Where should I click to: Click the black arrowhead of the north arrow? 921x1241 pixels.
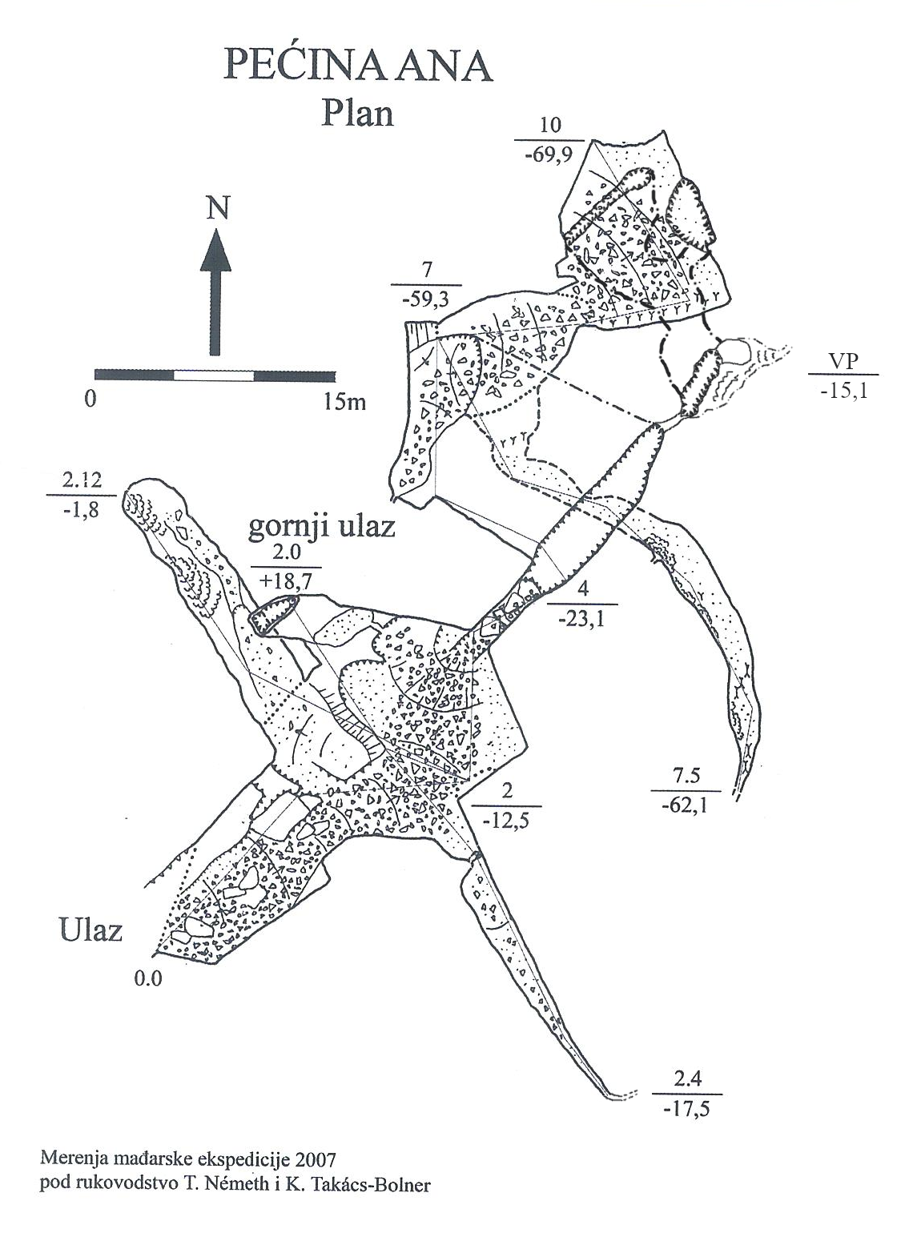pos(215,250)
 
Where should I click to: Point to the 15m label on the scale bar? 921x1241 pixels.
pos(345,401)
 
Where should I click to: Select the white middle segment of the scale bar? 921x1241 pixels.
pos(214,375)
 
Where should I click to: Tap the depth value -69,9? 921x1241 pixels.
pos(549,156)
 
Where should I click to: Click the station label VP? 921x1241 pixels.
pos(843,362)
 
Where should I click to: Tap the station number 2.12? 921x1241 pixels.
pos(80,482)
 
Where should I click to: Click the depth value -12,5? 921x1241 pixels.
pos(506,819)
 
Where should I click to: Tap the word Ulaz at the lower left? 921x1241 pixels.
pos(90,930)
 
